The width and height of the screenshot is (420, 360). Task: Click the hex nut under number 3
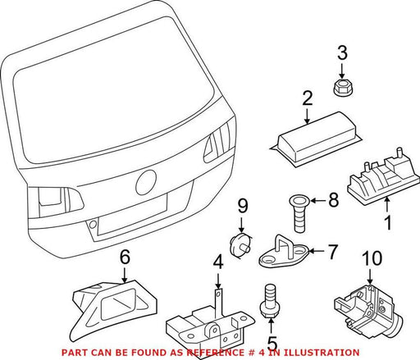(x=343, y=87)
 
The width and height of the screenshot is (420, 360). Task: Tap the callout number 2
(x=308, y=98)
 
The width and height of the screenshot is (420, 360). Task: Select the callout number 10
(x=372, y=258)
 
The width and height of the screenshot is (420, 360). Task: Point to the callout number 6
(x=125, y=257)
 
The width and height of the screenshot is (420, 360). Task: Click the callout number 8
(x=333, y=199)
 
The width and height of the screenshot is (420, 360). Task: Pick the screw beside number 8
(x=299, y=213)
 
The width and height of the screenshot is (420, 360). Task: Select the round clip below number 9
(x=240, y=246)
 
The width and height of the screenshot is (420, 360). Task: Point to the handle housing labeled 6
(x=114, y=304)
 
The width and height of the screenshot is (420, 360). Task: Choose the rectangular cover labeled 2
(x=316, y=139)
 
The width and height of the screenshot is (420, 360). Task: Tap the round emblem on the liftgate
(x=145, y=182)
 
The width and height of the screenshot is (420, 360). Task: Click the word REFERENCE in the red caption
(x=215, y=353)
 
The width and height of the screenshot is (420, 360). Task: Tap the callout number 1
(x=388, y=223)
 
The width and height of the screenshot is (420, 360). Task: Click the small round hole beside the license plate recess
(x=93, y=225)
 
